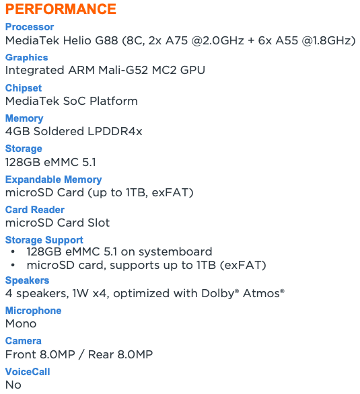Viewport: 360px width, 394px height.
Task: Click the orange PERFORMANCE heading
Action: coord(61,9)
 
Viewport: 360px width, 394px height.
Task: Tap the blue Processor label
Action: coord(30,27)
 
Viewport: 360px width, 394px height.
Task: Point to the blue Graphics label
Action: coord(27,58)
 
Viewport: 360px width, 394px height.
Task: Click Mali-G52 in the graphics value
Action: coord(123,71)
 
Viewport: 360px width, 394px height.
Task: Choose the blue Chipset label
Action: coord(24,88)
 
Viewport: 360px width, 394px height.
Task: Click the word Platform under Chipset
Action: coord(114,101)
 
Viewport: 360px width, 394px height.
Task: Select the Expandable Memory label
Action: coord(54,180)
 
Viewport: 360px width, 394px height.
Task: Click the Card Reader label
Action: coord(35,210)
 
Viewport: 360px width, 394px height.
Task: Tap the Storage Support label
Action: coord(44,240)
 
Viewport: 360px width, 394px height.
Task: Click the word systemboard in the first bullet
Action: coord(176,251)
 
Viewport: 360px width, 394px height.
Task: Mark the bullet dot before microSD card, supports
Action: coord(13,266)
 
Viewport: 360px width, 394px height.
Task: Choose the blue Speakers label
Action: coord(27,280)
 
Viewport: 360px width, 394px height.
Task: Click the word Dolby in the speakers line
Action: coord(218,294)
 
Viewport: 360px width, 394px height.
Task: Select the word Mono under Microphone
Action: coord(21,324)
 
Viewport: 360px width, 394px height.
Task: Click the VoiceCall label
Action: coord(28,372)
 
